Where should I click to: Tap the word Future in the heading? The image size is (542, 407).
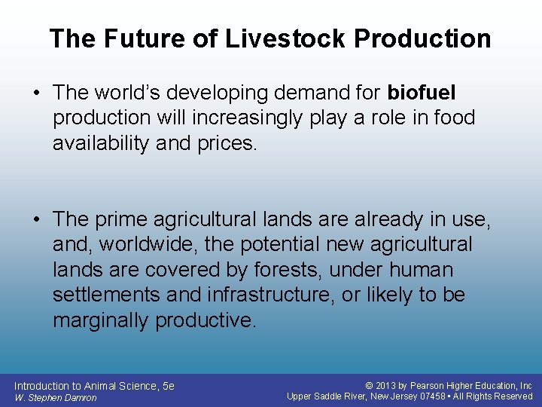pyautogui.click(x=138, y=38)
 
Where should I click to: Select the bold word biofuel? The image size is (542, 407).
pyautogui.click(x=422, y=93)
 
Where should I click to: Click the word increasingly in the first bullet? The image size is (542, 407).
pyautogui.click(x=240, y=118)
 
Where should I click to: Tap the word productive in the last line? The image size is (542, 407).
pyautogui.click(x=206, y=320)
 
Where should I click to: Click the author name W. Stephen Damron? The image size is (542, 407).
pyautogui.click(x=55, y=397)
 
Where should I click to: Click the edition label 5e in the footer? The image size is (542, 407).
pyautogui.click(x=169, y=386)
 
